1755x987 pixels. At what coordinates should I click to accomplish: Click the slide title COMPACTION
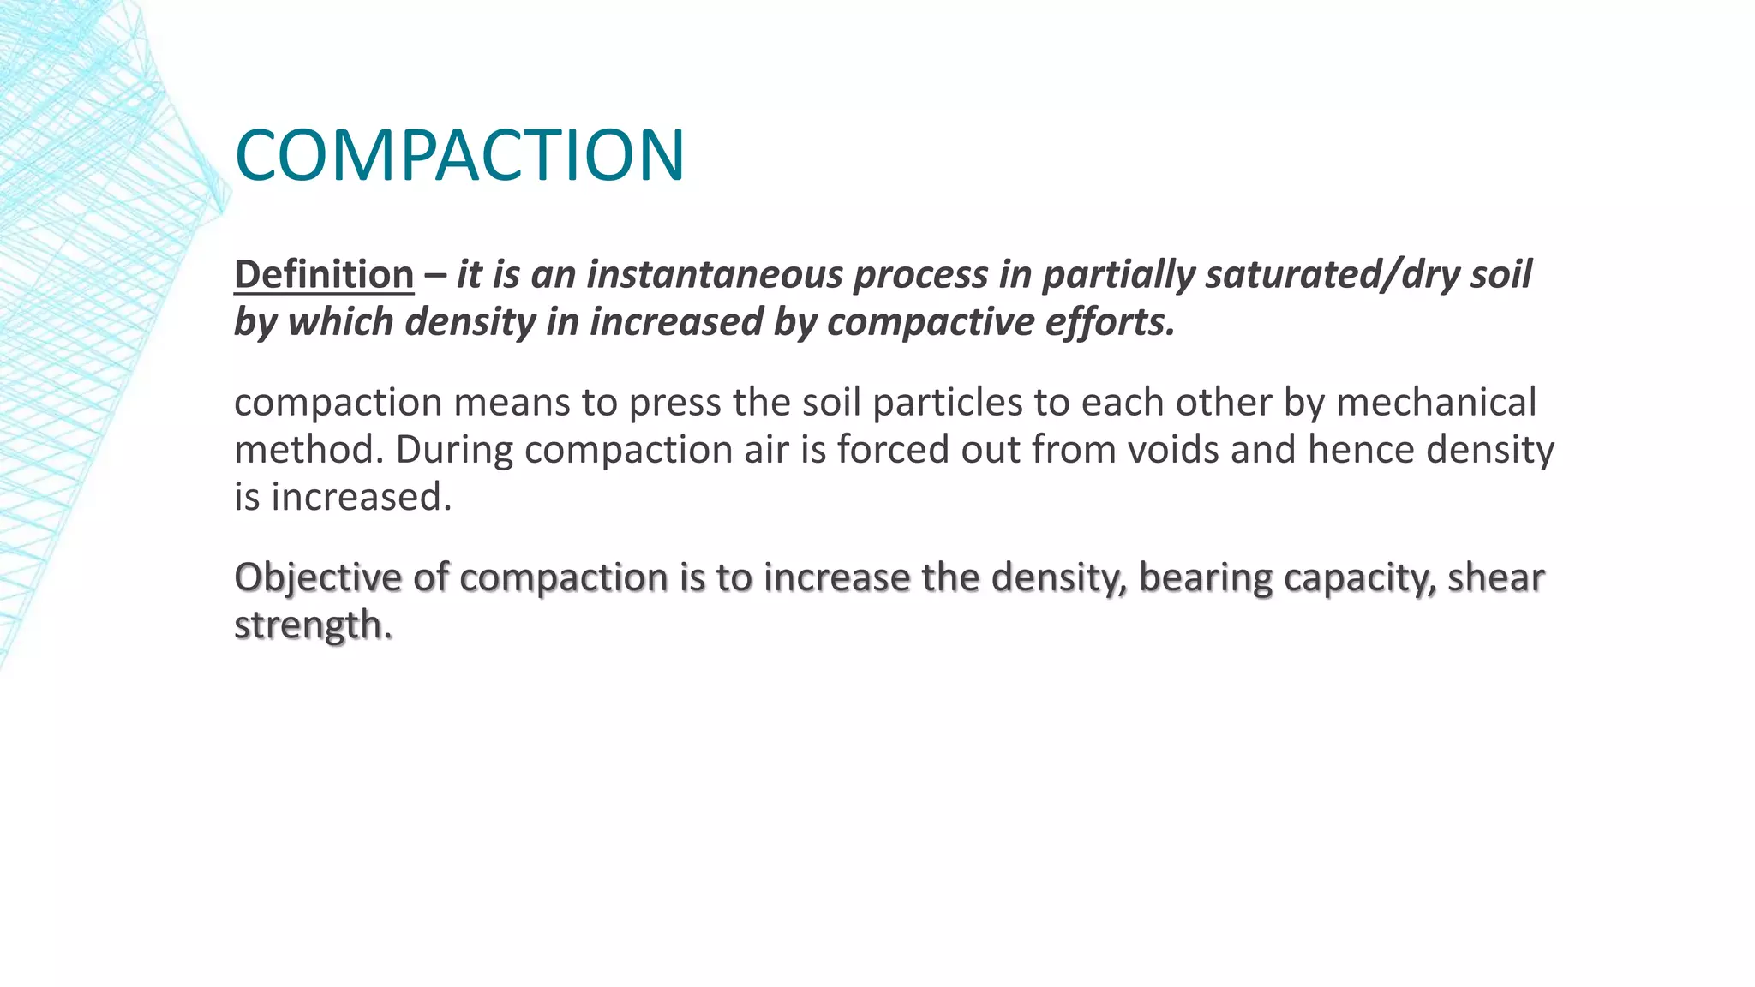tap(459, 155)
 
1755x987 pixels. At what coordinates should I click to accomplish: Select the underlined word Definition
tap(324, 274)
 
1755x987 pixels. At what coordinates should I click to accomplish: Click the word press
tap(674, 402)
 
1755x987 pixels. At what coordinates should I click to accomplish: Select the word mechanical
tap(1436, 402)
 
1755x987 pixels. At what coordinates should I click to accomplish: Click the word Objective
tap(317, 577)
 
